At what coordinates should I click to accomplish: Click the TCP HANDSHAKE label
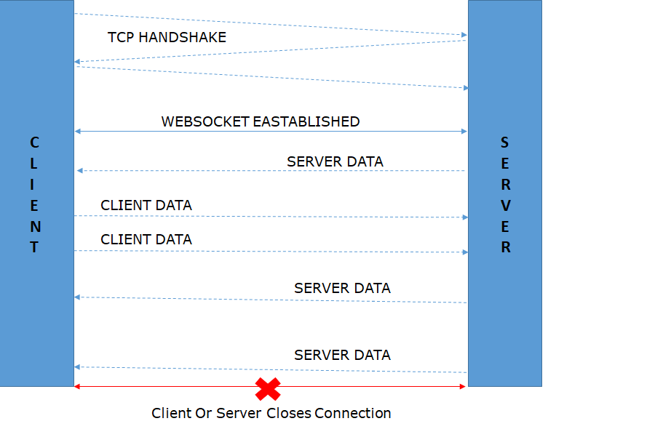click(167, 37)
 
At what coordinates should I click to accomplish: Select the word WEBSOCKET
click(205, 121)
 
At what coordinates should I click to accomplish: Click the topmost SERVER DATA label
click(335, 161)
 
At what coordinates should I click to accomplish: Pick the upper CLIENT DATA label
click(146, 206)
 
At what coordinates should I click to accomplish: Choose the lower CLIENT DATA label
click(146, 239)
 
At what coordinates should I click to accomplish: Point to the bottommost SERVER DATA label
click(342, 356)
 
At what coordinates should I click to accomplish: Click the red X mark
click(268, 388)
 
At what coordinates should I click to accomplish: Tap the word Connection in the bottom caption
click(353, 414)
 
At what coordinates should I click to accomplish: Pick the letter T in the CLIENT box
click(34, 247)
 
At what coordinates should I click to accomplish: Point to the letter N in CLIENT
click(35, 226)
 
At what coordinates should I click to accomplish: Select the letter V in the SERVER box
click(505, 205)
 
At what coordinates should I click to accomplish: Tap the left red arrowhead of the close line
click(77, 386)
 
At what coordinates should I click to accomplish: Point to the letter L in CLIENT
click(35, 163)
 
